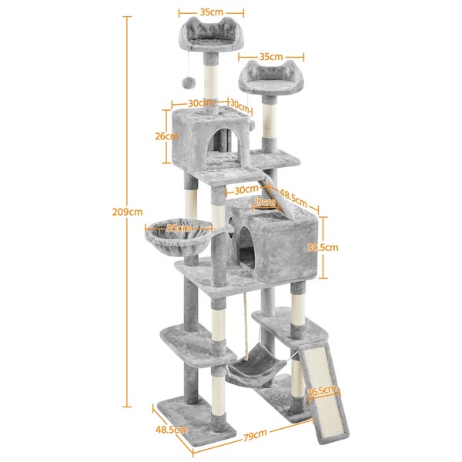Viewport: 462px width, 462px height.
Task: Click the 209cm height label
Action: [x=127, y=212]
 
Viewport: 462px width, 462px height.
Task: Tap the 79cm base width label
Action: [x=255, y=434]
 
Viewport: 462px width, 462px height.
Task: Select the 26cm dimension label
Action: [x=167, y=136]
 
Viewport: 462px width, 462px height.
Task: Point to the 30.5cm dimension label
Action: [x=323, y=247]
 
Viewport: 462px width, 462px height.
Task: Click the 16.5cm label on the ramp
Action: [x=323, y=390]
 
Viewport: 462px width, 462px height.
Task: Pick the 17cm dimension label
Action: [x=265, y=203]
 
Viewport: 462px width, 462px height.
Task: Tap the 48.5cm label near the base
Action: [x=171, y=430]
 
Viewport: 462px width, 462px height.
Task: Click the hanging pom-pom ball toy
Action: [x=189, y=82]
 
